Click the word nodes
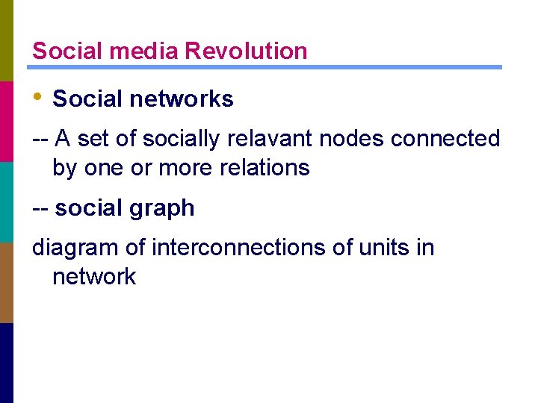pos(350,138)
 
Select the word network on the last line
pos(94,276)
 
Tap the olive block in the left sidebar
pos(6,40)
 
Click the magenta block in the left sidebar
pos(6,121)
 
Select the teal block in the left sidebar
pos(6,201)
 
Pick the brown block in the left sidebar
pos(6,282)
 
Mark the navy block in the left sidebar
pos(6,363)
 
